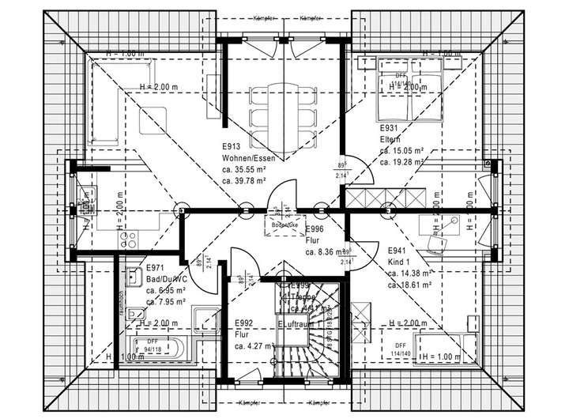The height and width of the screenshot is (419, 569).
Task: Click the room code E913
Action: pos(232,146)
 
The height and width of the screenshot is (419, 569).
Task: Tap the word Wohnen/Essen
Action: pos(248,157)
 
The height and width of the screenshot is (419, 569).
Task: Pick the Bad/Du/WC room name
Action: pos(165,279)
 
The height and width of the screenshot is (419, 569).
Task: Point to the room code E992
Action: pos(243,323)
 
